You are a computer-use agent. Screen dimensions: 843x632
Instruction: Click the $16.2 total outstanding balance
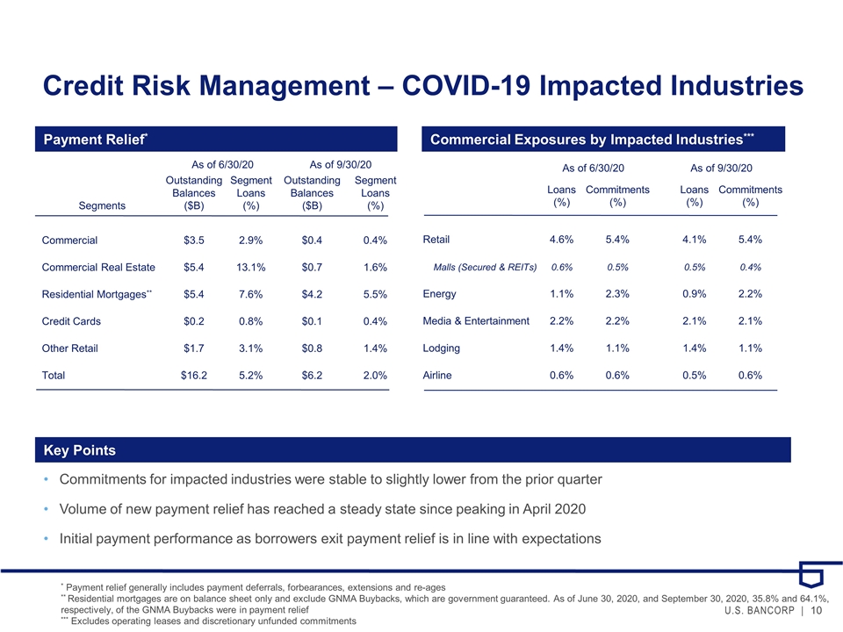click(x=193, y=375)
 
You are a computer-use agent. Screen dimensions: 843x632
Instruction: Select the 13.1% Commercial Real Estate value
click(x=250, y=267)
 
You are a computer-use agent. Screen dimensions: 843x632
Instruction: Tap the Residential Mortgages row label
click(x=97, y=294)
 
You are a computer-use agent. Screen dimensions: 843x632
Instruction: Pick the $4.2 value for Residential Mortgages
click(x=312, y=294)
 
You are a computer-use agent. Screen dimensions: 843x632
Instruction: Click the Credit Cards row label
click(x=71, y=321)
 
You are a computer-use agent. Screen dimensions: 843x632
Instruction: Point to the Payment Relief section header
click(x=95, y=140)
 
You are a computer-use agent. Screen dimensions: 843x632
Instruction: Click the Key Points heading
click(x=80, y=450)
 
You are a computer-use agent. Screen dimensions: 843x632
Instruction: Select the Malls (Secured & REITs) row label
click(x=485, y=267)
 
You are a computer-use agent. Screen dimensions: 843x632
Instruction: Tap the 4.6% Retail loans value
click(x=561, y=240)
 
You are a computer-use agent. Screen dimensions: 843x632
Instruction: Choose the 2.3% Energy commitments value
click(x=617, y=294)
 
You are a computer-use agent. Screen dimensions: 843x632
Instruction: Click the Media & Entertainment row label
click(x=476, y=321)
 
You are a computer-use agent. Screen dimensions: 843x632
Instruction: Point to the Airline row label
click(x=437, y=375)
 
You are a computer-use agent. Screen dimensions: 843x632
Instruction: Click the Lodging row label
click(x=442, y=348)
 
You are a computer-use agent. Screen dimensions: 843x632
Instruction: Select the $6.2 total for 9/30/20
click(x=312, y=375)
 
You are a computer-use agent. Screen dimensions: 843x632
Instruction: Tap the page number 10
click(x=816, y=610)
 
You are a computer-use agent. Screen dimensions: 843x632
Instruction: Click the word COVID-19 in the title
click(x=466, y=85)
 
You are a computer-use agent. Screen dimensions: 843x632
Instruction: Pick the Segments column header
click(x=102, y=205)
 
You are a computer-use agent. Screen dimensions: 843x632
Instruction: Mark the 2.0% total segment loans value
click(x=375, y=375)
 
